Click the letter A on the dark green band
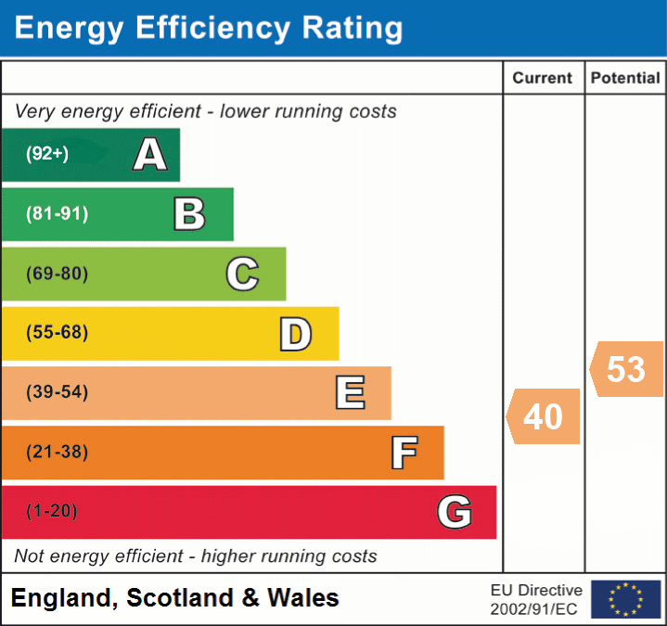pyautogui.click(x=149, y=155)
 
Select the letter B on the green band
pyautogui.click(x=189, y=214)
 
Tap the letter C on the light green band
pyautogui.click(x=242, y=275)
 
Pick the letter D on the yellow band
pyautogui.click(x=295, y=334)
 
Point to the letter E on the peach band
pyautogui.click(x=350, y=393)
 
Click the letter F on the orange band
pyautogui.click(x=404, y=454)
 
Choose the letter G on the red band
pyautogui.click(x=455, y=512)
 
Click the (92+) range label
pyautogui.click(x=47, y=155)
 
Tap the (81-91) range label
pyautogui.click(x=57, y=214)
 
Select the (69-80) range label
pyautogui.click(x=57, y=275)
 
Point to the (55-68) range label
pyautogui.click(x=57, y=333)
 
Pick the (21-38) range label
pyautogui.click(x=57, y=453)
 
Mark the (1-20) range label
pyautogui.click(x=52, y=512)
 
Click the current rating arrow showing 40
pyautogui.click(x=544, y=416)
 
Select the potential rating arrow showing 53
pyautogui.click(x=626, y=369)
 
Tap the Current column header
pyautogui.click(x=543, y=79)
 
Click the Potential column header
pyautogui.click(x=625, y=79)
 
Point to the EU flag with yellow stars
pyautogui.click(x=626, y=599)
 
